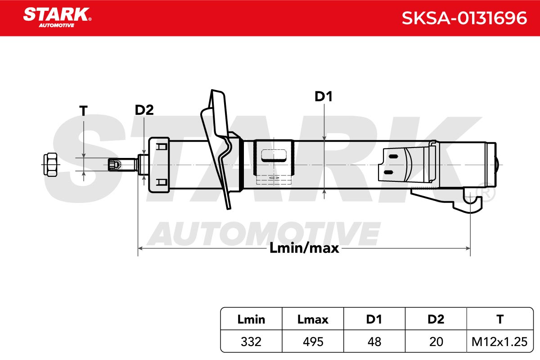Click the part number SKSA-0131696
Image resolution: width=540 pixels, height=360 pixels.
coord(464,18)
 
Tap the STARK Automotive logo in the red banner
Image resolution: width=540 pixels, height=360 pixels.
coord(58,18)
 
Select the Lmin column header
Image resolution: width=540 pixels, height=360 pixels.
coord(251,319)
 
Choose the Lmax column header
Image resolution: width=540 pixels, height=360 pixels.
coord(313,319)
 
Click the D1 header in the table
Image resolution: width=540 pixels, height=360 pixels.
coord(374,319)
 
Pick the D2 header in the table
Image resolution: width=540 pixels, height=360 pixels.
coord(436,319)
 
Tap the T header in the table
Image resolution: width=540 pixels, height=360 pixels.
coord(500,319)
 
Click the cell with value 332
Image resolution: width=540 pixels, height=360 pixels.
coord(251,342)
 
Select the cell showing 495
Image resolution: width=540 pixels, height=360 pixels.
coord(313,342)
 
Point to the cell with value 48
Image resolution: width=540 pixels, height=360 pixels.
coord(374,342)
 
